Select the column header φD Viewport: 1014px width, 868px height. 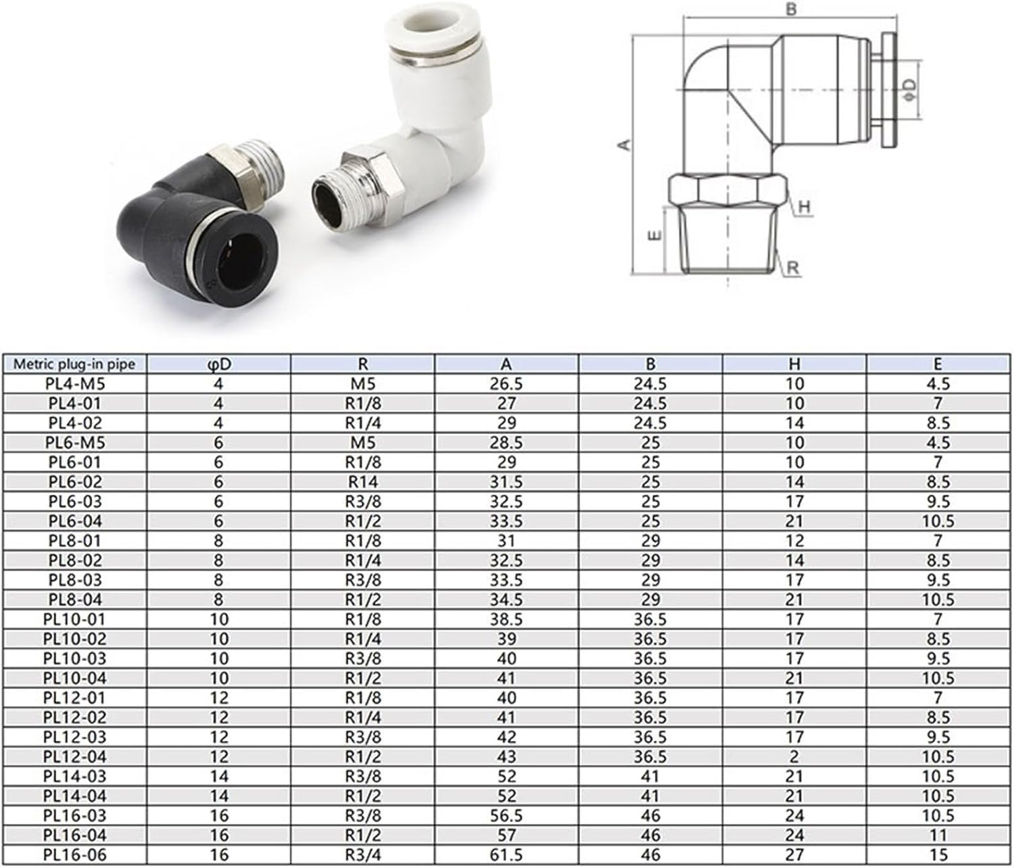click(219, 364)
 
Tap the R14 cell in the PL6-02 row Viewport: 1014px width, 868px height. click(362, 482)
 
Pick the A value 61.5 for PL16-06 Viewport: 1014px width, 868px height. click(506, 855)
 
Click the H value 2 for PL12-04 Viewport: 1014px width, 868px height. click(794, 757)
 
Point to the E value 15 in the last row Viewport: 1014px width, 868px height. click(938, 855)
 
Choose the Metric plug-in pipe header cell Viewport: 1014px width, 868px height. click(74, 364)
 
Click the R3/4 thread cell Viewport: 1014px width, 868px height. click(362, 855)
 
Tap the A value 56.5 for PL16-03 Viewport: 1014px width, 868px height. click(506, 816)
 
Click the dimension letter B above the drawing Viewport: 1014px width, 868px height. click(792, 9)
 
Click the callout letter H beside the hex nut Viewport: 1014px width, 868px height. click(804, 208)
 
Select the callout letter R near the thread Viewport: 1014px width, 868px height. click(793, 268)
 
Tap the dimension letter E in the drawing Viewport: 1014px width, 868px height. click(654, 237)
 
